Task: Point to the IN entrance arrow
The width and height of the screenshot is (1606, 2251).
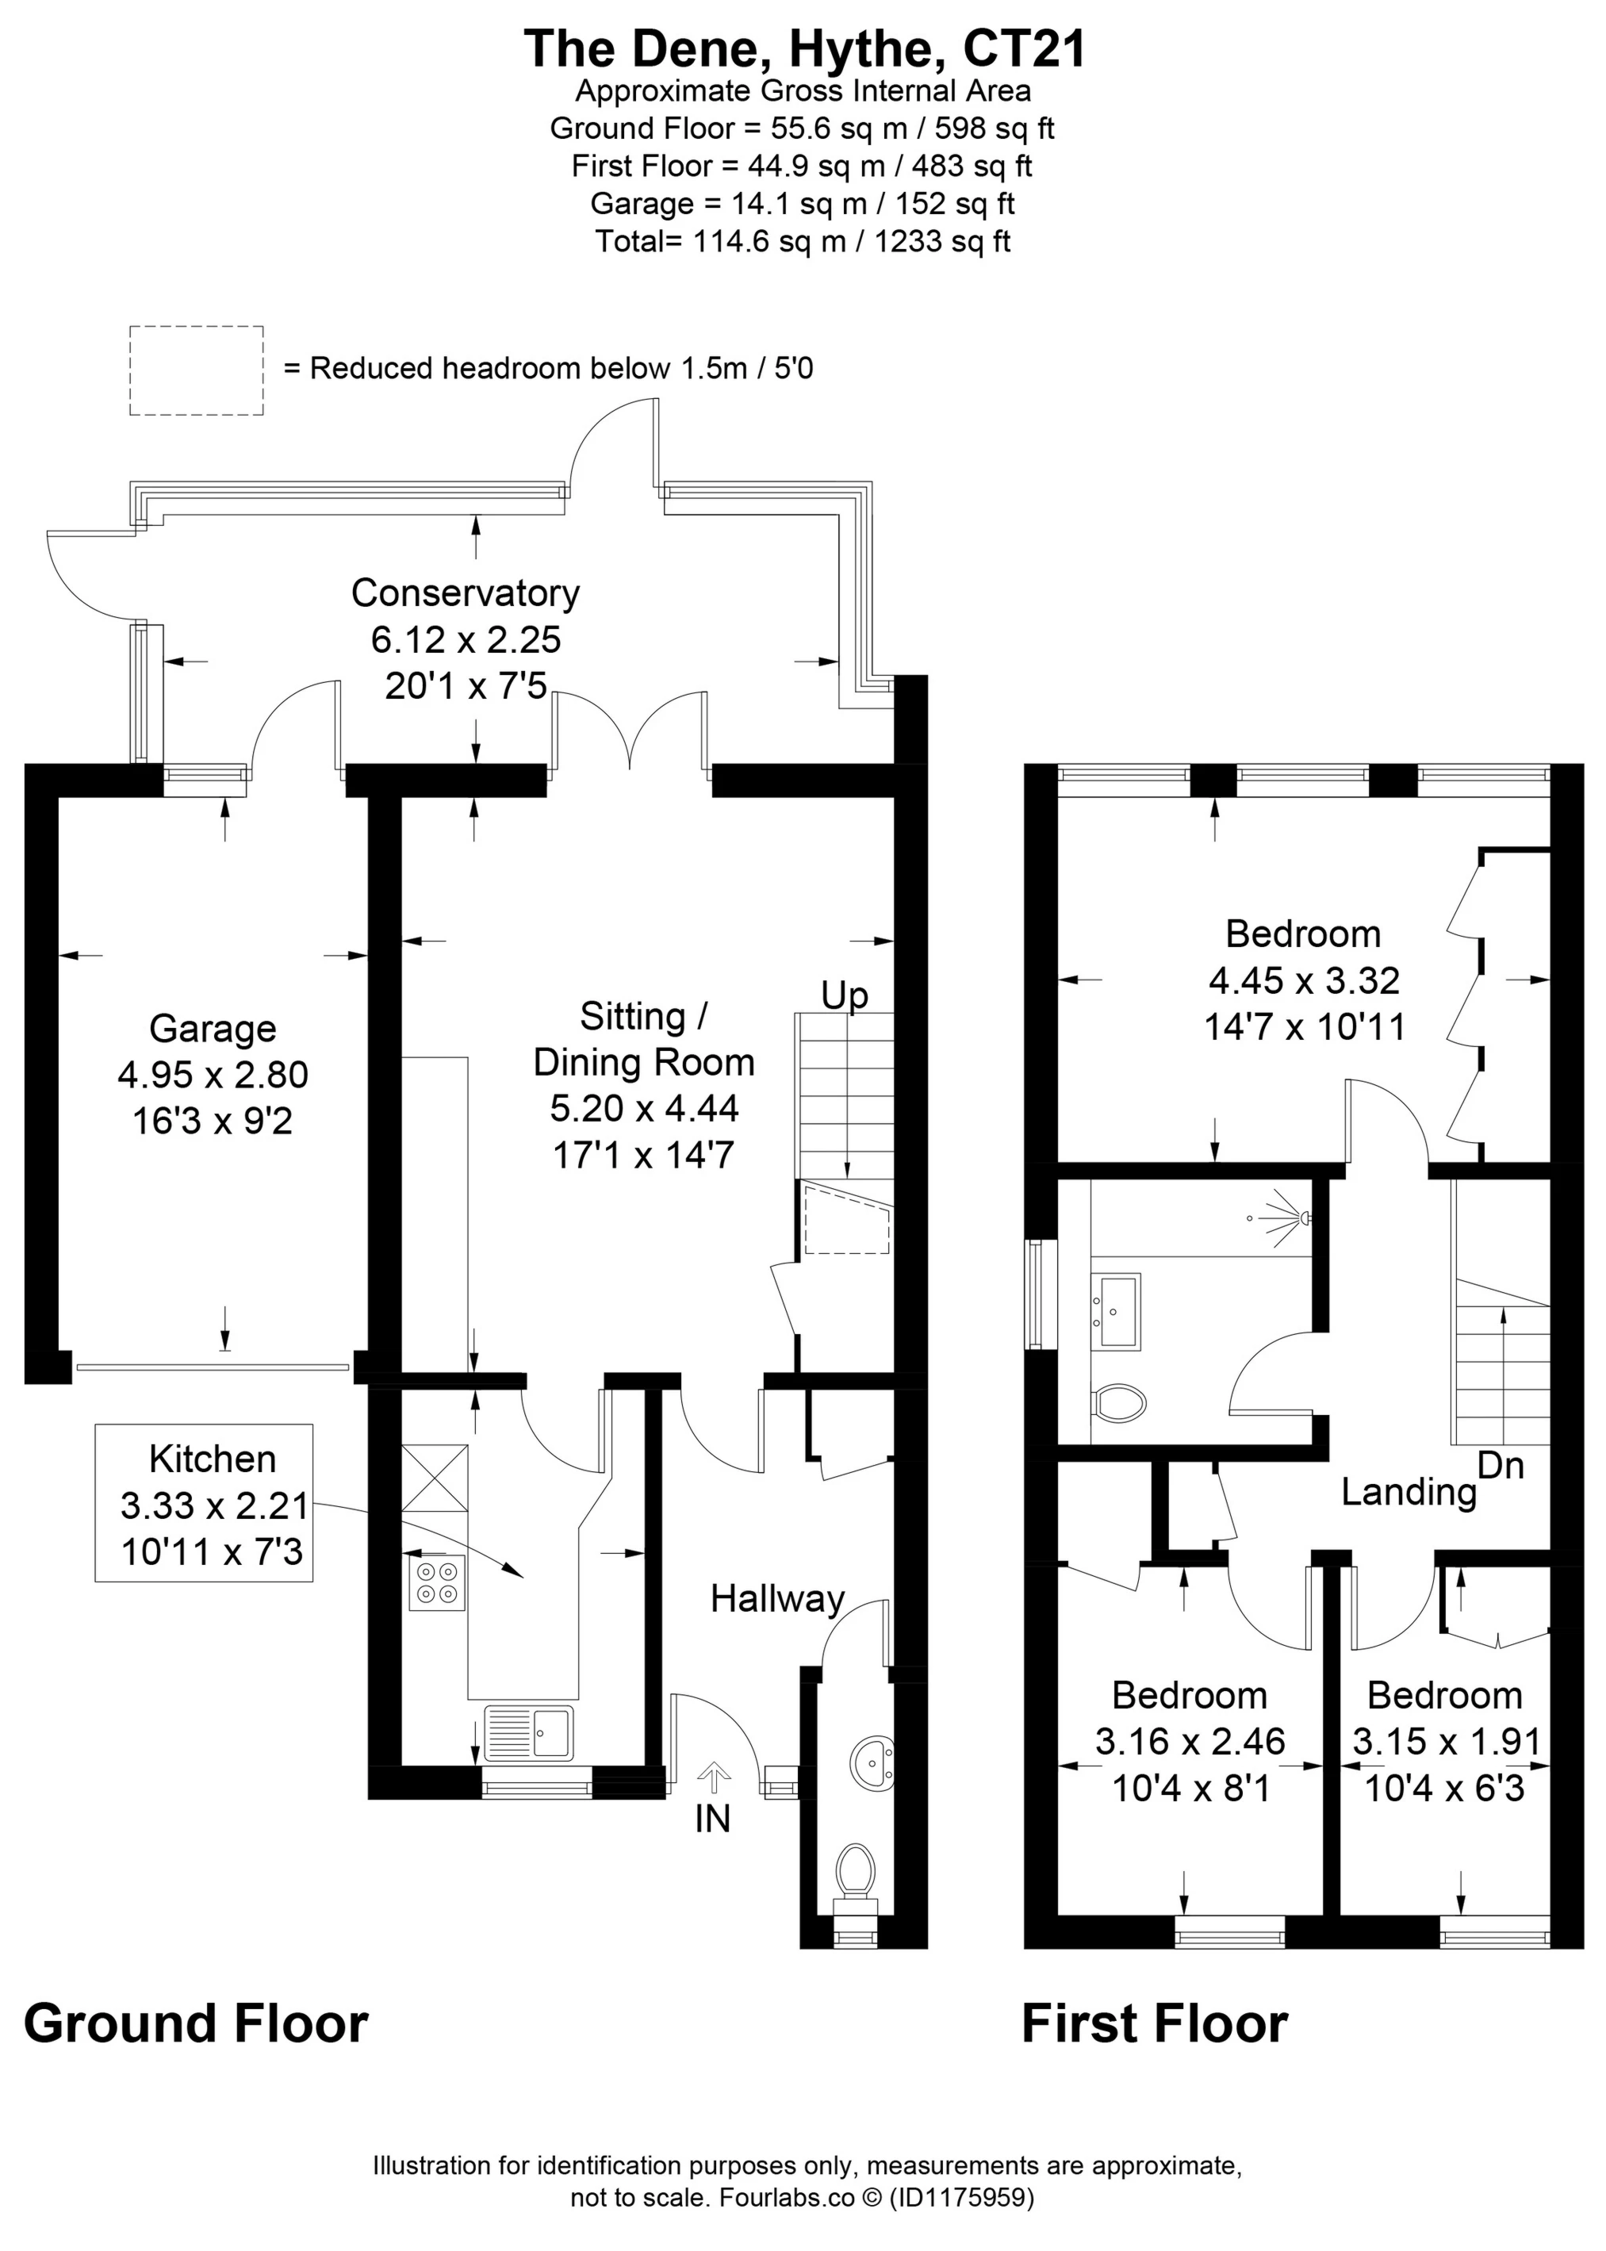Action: coord(713,1777)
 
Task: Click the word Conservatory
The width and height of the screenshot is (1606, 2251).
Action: coord(465,593)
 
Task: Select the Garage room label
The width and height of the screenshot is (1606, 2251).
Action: coord(213,1029)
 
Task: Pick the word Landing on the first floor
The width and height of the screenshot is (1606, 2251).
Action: coord(1409,1491)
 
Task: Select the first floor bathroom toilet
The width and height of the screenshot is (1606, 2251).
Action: coord(1121,1402)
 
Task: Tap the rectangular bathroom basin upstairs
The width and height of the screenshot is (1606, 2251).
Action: coord(1116,1310)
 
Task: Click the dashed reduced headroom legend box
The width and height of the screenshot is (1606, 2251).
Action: coord(197,370)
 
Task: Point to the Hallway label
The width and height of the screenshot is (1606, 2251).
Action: coord(777,1599)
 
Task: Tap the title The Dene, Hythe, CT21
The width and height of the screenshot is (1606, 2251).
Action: coord(804,48)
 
